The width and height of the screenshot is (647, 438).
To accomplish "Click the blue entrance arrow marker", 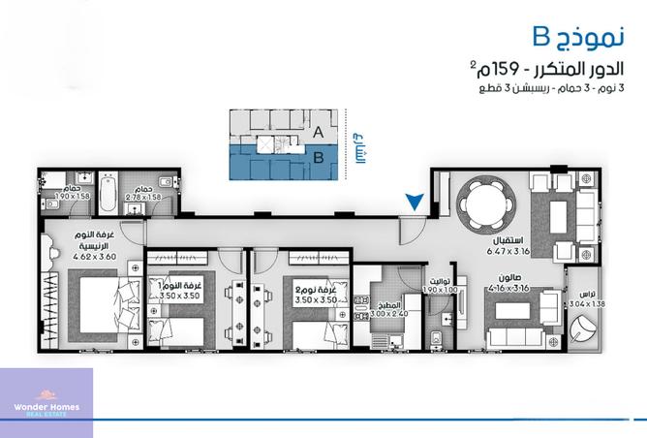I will click(414, 202).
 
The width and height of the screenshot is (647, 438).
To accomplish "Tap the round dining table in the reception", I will click(483, 205).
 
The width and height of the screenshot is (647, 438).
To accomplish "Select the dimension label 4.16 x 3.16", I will click(509, 288).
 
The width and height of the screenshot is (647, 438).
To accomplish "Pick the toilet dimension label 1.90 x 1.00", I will click(439, 291).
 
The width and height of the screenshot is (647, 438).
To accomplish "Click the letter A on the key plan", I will click(319, 131).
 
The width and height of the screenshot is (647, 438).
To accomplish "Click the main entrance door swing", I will click(410, 233).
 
